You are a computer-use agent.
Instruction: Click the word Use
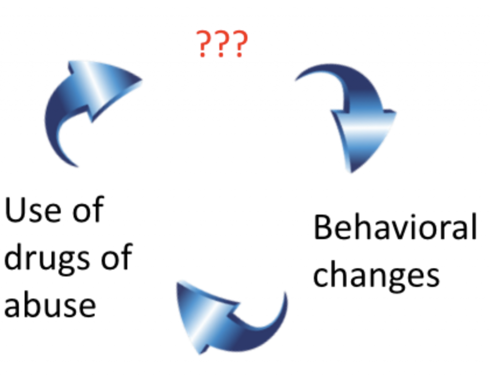tap(33, 210)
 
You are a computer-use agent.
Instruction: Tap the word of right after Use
tap(89, 210)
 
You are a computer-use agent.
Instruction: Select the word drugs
tap(47, 259)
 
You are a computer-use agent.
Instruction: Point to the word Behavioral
tap(395, 227)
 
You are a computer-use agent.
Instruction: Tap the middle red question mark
tap(222, 44)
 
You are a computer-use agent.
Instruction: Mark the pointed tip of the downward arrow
tap(351, 172)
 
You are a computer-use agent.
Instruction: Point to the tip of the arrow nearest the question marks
tap(142, 80)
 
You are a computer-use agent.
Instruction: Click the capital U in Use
tap(15, 210)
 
